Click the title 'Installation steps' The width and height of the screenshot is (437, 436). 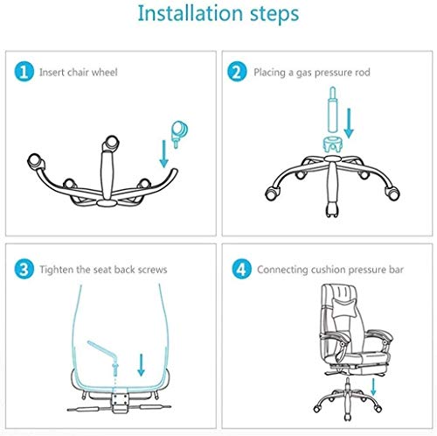point(218,15)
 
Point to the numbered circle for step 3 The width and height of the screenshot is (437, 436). point(24,268)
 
